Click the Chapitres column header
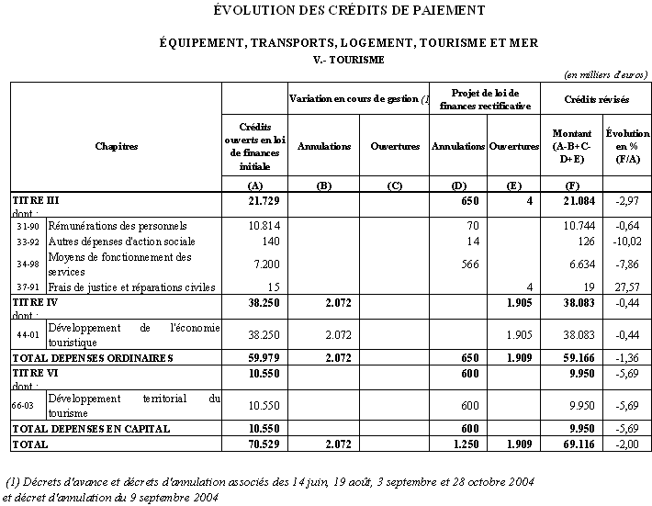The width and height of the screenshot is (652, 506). pos(116,146)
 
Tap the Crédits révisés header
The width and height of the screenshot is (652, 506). pos(596,98)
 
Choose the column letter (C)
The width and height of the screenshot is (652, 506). pos(395,186)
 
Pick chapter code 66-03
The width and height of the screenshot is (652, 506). pos(28,406)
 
